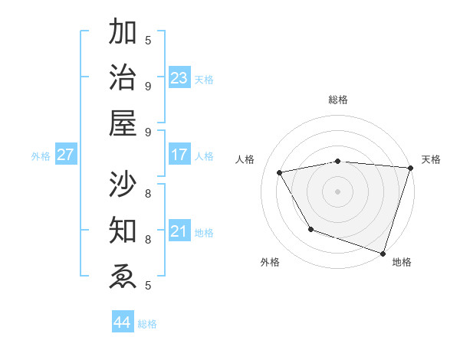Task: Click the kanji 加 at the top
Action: tap(123, 34)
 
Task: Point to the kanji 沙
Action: tap(123, 184)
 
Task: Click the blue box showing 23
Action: tap(179, 78)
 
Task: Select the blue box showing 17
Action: tap(179, 155)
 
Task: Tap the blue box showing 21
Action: tap(179, 231)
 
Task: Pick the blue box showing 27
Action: tap(65, 155)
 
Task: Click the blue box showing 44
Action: tap(122, 322)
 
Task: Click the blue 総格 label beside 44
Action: tap(147, 324)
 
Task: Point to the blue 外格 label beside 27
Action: tap(41, 156)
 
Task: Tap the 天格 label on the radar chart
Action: tap(431, 159)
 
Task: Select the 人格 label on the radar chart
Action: tap(245, 159)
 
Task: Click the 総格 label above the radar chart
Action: tap(337, 100)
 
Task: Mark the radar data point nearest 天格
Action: tap(410, 168)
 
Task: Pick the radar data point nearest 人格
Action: tap(280, 173)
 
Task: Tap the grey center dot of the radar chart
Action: tap(337, 191)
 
